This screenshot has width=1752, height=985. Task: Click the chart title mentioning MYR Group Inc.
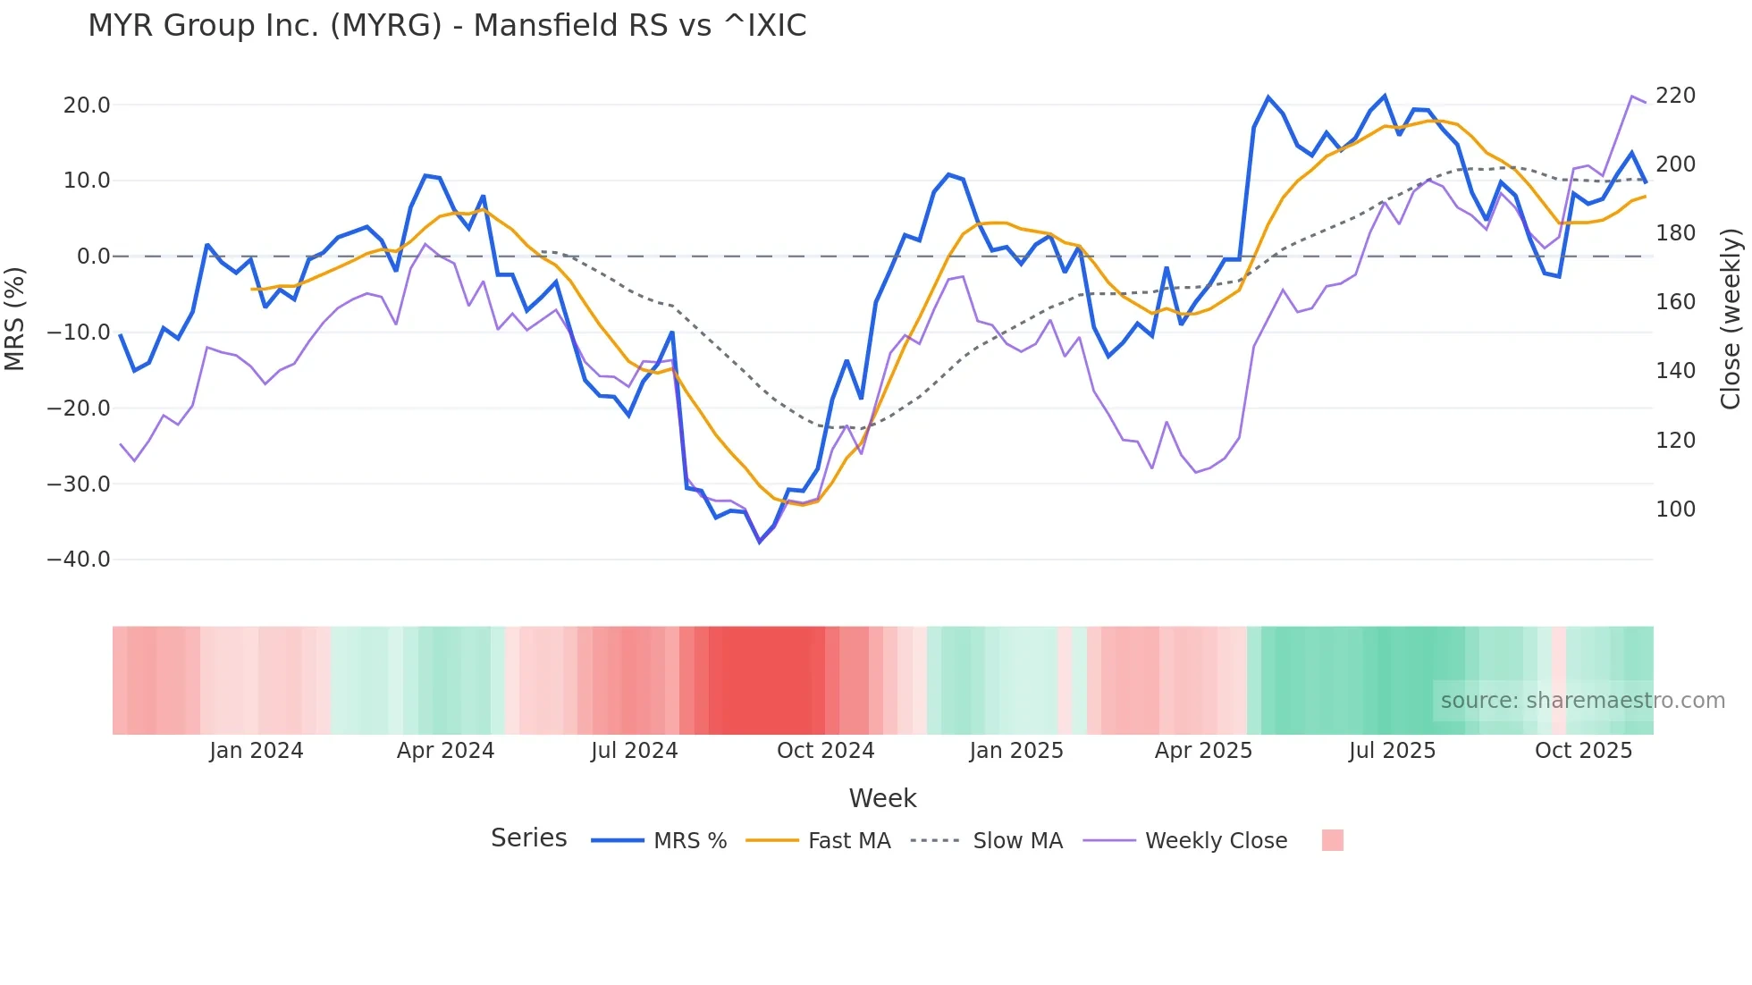tap(447, 25)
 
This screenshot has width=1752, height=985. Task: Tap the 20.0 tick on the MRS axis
tap(87, 105)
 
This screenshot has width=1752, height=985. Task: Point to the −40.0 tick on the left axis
tap(79, 560)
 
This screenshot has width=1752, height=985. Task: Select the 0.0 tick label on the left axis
tap(93, 257)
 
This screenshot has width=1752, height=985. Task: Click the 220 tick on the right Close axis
tap(1675, 96)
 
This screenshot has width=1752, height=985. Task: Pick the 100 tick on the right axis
tap(1675, 509)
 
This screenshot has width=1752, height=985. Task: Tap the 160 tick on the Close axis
tap(1675, 302)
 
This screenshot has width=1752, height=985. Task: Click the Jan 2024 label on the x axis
tap(257, 751)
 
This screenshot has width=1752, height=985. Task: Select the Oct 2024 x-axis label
tap(825, 751)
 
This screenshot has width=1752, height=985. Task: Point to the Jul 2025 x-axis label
tap(1392, 751)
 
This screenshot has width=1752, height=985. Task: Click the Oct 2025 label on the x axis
tap(1583, 751)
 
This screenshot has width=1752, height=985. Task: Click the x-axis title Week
tap(882, 798)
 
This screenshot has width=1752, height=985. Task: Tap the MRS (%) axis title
tap(15, 319)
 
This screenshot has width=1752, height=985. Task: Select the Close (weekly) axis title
tap(1731, 319)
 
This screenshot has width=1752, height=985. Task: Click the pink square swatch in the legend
tap(1332, 840)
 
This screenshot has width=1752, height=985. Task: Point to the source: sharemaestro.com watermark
tap(1582, 701)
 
